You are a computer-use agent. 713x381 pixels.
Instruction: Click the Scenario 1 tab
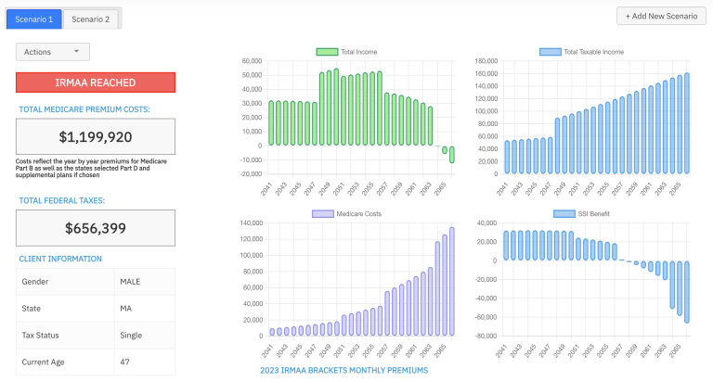(x=33, y=19)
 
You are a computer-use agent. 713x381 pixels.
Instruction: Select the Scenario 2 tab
(x=90, y=19)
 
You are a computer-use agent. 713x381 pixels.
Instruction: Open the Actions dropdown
(x=52, y=52)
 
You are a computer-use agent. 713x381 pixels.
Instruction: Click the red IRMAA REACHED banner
(x=96, y=83)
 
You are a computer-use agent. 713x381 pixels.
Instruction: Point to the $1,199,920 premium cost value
(x=96, y=137)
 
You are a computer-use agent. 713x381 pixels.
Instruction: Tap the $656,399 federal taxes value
(x=96, y=228)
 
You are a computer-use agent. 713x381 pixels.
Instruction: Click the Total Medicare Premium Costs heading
(x=84, y=109)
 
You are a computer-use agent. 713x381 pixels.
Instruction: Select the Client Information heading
(x=60, y=259)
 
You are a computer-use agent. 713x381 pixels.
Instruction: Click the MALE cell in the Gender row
(x=130, y=281)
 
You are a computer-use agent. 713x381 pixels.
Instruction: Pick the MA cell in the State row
(x=125, y=308)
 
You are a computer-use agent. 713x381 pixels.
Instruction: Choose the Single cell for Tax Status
(x=131, y=335)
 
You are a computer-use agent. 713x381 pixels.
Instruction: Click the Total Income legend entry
(x=346, y=52)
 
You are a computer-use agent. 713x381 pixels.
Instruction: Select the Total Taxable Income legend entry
(x=581, y=52)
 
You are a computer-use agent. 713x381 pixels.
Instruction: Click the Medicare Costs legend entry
(x=346, y=213)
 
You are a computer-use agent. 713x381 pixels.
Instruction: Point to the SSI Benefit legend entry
(x=581, y=213)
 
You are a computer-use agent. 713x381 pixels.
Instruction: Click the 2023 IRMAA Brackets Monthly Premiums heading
(x=344, y=371)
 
